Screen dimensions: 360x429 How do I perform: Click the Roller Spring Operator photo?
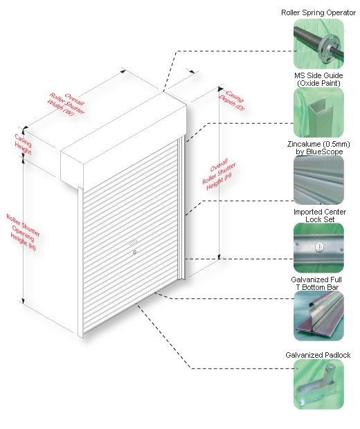click(318, 44)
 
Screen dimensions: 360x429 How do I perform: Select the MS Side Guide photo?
click(318, 112)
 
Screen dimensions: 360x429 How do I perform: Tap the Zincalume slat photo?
click(318, 180)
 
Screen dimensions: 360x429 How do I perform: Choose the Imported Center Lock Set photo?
click(318, 248)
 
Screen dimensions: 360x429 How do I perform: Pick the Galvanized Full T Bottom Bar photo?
click(318, 316)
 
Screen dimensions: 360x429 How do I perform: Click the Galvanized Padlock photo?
click(318, 384)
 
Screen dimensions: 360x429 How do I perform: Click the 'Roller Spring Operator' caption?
click(318, 12)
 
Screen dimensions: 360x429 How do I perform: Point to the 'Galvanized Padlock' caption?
click(318, 355)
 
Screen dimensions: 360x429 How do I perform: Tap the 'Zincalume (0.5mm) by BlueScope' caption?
click(318, 148)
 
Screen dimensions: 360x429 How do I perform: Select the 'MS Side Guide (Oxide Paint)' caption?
click(318, 80)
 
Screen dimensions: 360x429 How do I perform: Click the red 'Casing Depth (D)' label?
click(232, 100)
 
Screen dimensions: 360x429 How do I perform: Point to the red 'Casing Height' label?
click(24, 144)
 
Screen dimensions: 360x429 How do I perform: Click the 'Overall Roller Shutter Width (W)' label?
click(66, 104)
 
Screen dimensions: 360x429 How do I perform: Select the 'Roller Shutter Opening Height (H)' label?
click(24, 232)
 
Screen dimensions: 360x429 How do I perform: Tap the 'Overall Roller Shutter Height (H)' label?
click(219, 174)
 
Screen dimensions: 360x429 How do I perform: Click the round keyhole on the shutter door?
click(134, 253)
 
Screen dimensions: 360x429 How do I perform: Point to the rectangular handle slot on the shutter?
click(133, 242)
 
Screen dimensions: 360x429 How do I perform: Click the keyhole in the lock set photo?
click(318, 246)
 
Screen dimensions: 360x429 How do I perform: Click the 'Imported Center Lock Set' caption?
click(319, 216)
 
